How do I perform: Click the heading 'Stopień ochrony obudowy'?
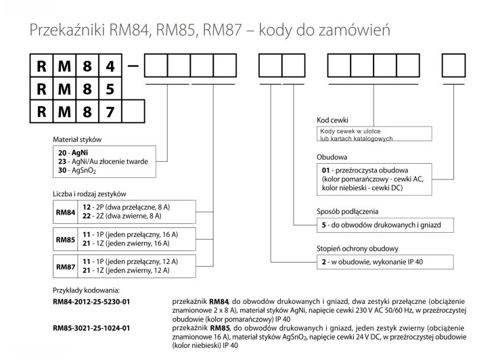(x=358, y=248)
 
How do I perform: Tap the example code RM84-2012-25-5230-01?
(x=93, y=300)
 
